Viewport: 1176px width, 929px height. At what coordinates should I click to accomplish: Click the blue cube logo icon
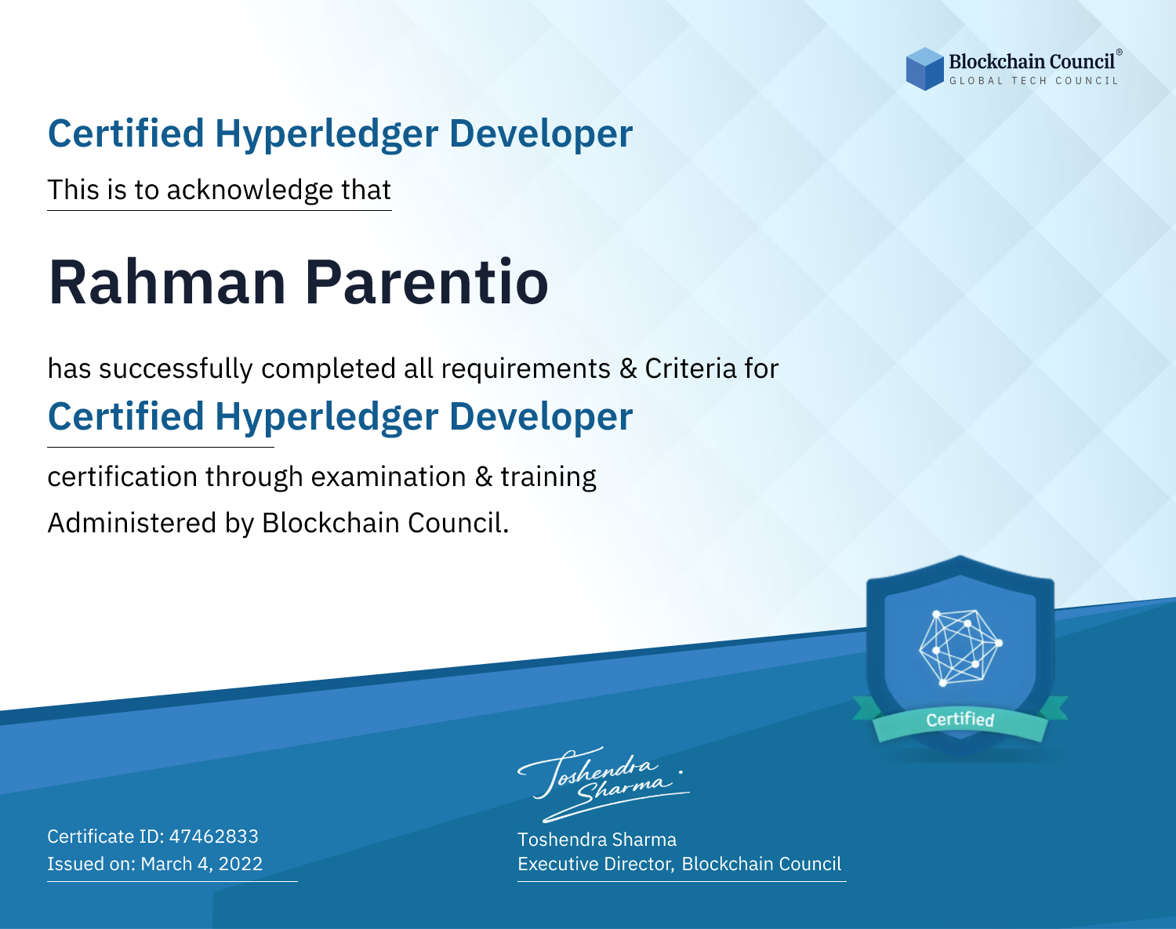(x=924, y=69)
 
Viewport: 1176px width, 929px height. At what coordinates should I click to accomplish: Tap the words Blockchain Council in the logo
(x=1032, y=62)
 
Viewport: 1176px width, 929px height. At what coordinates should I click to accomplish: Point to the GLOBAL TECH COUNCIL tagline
(x=1034, y=81)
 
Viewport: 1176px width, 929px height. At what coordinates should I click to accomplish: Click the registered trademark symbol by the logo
(x=1120, y=52)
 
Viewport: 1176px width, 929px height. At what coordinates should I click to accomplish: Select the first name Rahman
(x=167, y=283)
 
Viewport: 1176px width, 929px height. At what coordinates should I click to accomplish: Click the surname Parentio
(x=426, y=283)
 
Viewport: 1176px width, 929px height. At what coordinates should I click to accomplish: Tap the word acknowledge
(x=250, y=191)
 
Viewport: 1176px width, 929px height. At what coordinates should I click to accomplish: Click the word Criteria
(x=690, y=368)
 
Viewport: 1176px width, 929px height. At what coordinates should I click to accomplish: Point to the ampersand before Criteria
(x=628, y=369)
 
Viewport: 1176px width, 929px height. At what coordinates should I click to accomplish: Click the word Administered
(x=132, y=523)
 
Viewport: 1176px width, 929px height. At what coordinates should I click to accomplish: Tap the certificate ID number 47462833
(x=214, y=836)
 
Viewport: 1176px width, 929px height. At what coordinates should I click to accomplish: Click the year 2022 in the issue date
(x=241, y=863)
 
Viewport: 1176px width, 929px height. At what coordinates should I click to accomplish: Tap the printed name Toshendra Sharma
(x=597, y=840)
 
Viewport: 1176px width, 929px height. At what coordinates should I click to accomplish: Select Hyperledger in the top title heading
(x=326, y=134)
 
